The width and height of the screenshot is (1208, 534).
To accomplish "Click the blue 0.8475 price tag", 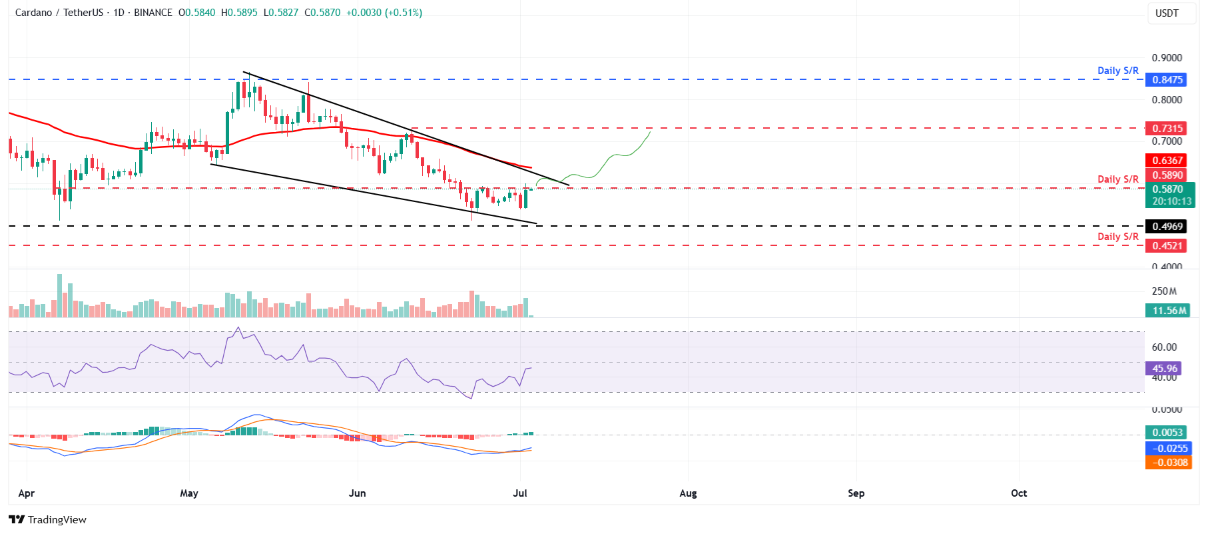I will coord(1167,80).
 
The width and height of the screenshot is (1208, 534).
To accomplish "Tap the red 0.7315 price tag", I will coord(1167,129).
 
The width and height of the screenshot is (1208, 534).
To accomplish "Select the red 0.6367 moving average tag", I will coord(1167,161).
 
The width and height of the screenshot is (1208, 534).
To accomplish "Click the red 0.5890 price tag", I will coord(1167,175).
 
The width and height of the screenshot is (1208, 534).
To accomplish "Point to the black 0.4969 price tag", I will coord(1167,227).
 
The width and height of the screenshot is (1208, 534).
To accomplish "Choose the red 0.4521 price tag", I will coord(1167,246).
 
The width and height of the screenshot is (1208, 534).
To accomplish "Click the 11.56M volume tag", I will coord(1169,311).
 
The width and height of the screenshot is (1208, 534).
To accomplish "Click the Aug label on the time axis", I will coord(688,493).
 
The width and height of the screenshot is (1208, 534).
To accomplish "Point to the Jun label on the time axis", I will coord(358,493).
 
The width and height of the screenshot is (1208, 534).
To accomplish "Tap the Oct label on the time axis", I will coord(1019,493).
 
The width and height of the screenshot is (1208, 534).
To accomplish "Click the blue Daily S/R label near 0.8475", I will coord(1117,71).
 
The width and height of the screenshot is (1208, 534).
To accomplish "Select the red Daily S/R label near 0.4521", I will coord(1117,237).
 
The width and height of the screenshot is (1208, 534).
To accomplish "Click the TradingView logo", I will coord(48,520).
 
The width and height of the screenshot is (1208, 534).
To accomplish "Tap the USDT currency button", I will coord(1167,13).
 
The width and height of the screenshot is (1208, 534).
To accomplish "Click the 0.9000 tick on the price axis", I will coord(1167,58).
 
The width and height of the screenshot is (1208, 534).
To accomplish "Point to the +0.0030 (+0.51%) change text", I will coord(384,13).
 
